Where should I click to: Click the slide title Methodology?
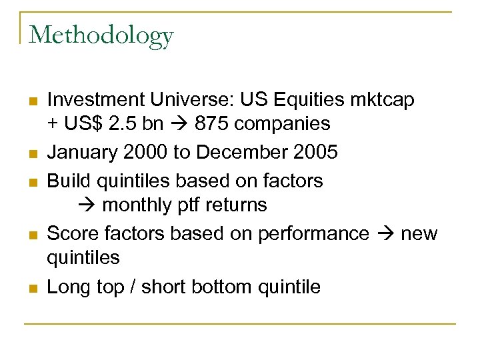pos(101,35)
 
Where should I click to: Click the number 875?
pos(201,124)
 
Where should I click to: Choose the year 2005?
pos(317,152)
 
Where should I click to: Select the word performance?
pos(315,234)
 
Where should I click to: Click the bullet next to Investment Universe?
pos(31,101)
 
